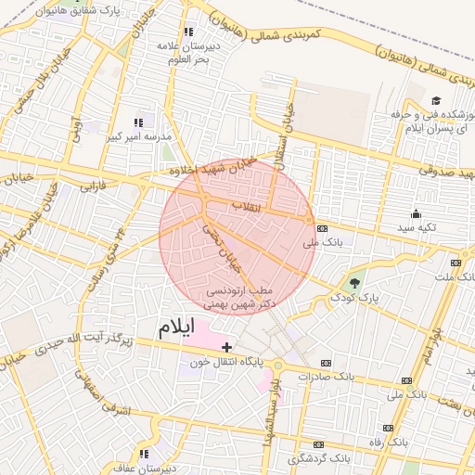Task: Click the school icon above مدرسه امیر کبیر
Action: [139, 122]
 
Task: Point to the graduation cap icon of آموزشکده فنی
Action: [435, 100]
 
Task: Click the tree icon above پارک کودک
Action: [355, 282]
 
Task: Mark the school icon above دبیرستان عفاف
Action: [144, 454]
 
